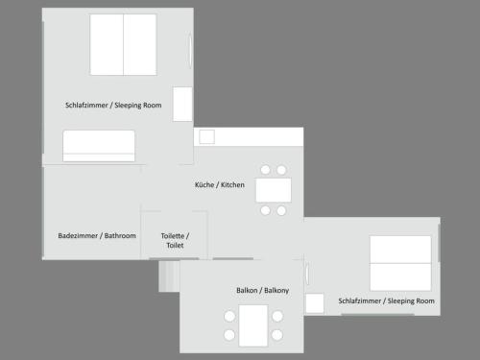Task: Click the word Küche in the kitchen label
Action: tap(204, 184)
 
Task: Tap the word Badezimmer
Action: tap(78, 236)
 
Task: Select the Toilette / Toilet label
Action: tap(175, 241)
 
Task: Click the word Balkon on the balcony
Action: tap(247, 290)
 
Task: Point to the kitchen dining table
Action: tap(274, 190)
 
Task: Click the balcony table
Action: tap(253, 325)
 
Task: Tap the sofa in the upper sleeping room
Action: tap(99, 146)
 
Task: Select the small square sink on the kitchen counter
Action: tap(206, 137)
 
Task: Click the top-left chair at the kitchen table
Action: tap(265, 170)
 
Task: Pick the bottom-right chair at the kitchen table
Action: tap(281, 210)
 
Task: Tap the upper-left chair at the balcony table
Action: tap(229, 316)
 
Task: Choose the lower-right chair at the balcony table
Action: tap(277, 335)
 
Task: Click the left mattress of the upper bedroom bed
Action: tap(107, 44)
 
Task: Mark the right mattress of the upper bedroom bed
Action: tap(140, 44)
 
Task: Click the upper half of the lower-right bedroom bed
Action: tap(400, 250)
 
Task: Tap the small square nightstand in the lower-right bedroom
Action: tap(315, 303)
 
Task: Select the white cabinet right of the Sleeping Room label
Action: tap(182, 104)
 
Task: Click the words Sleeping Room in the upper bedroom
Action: tap(138, 106)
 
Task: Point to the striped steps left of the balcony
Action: tap(169, 276)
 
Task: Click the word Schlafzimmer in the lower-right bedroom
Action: tap(360, 301)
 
